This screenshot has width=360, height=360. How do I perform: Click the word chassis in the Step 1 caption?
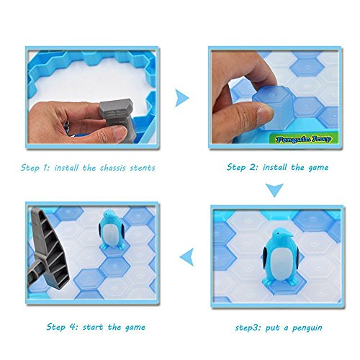point(112,168)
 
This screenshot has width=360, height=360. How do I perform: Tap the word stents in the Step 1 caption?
point(143,168)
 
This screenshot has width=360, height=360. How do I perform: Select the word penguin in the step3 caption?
point(307,328)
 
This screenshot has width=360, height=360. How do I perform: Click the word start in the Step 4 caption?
point(93,327)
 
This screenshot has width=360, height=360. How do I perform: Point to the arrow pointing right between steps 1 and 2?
point(181,98)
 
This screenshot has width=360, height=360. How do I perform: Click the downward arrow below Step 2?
point(274,190)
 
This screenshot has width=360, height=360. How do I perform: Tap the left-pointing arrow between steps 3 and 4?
point(186,257)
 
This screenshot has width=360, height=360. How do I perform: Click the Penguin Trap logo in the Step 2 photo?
point(304,139)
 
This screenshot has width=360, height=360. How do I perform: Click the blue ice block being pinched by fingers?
point(274,107)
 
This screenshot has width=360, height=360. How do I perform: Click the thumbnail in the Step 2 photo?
point(265,112)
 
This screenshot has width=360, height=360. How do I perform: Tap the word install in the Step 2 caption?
point(274,167)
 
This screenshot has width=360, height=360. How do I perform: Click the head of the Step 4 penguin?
point(109,215)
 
